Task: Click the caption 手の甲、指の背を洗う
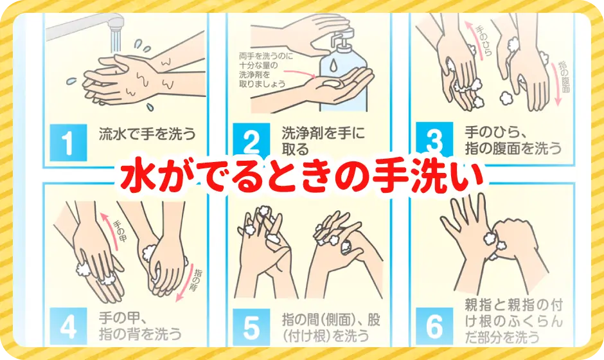click(x=138, y=325)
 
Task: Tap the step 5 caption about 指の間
click(x=326, y=327)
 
